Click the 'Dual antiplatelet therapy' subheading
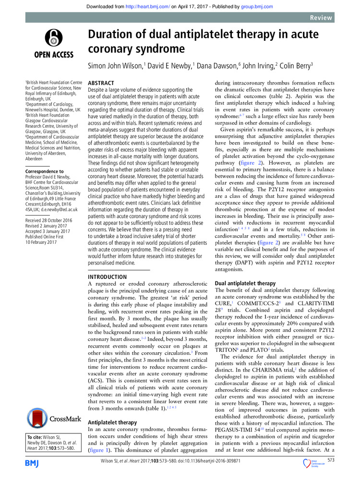pos(245,283)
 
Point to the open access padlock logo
pos(53,38)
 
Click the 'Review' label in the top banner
pos(321,18)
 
